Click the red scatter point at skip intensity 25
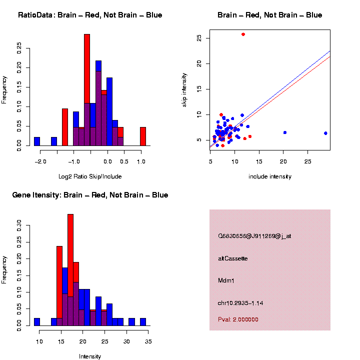point(243,34)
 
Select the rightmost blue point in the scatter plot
point(325,133)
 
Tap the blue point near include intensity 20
point(285,132)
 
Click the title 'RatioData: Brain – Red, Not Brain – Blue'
point(90,15)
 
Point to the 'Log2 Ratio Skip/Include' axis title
point(90,176)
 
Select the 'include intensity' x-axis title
point(270,176)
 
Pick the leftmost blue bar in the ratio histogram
point(37,141)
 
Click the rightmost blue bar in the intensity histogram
point(143,322)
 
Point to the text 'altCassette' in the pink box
point(233,258)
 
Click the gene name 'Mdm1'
point(226,280)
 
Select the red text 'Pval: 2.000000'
point(238,319)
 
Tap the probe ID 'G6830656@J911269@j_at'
point(254,236)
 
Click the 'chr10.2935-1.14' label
point(240,302)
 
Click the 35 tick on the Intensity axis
point(148,341)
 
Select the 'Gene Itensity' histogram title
point(90,195)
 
